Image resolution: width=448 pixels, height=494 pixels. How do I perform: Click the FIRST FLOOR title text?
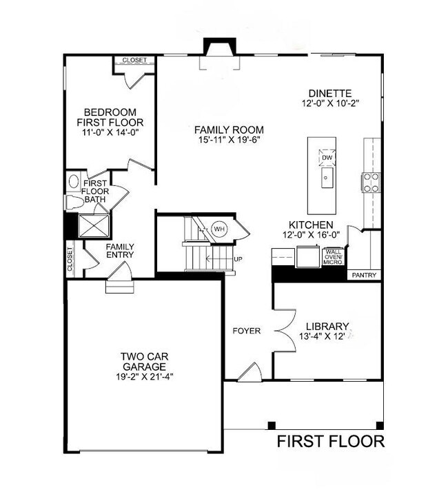pos(330,441)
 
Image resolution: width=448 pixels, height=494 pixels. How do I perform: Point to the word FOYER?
pos(246,331)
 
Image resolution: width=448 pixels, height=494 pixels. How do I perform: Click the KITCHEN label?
pos(311,225)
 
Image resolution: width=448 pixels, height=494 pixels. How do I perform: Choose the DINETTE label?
pos(330,93)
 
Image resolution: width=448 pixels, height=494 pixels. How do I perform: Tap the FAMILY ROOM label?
pos(228,130)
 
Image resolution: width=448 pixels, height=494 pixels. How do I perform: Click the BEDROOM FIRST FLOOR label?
pos(110,118)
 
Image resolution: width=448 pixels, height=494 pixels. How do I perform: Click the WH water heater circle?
pos(219,229)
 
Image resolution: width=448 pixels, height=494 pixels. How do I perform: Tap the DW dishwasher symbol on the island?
pos(327,158)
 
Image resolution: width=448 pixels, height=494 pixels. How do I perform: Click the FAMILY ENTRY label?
pos(120,251)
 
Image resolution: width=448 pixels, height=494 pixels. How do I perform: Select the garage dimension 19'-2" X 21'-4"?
pos(145,378)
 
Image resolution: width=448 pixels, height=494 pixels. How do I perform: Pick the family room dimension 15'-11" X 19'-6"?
pos(228,140)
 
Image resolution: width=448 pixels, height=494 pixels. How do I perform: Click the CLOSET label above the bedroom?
pos(134,61)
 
